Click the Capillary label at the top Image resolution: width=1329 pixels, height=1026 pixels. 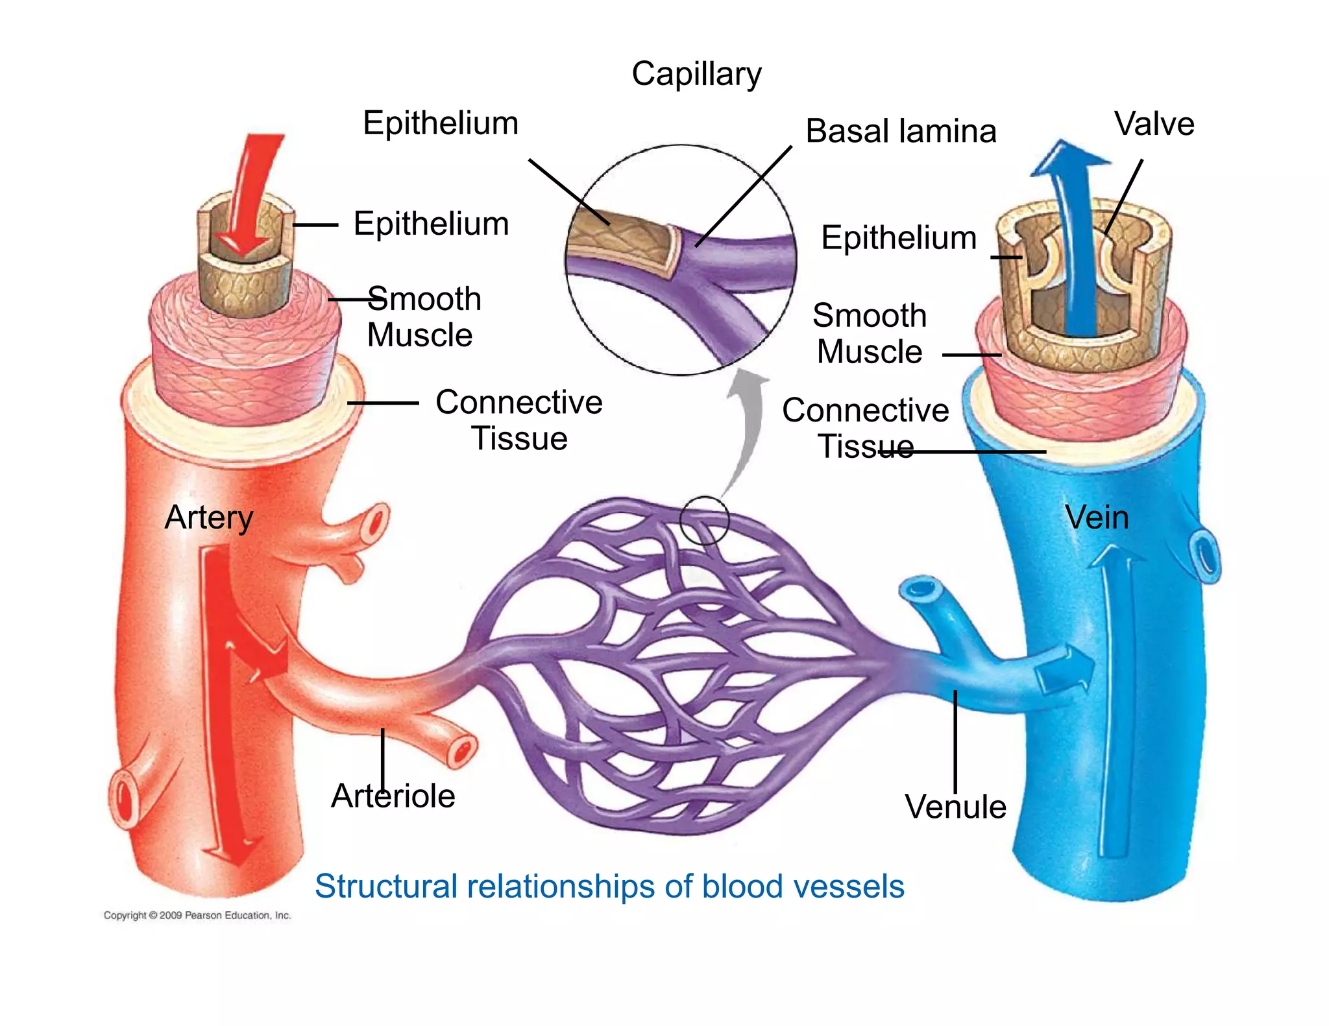click(x=696, y=75)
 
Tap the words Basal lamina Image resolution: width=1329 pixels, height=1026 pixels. click(x=900, y=132)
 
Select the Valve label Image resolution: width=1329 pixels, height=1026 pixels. click(x=1154, y=124)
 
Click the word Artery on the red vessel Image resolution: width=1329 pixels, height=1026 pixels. click(x=208, y=518)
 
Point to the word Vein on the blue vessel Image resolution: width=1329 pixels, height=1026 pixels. click(x=1097, y=518)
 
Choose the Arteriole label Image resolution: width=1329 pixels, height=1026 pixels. click(x=393, y=796)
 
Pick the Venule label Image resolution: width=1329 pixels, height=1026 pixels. click(x=955, y=807)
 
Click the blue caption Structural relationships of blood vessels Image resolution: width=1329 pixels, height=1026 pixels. click(x=609, y=887)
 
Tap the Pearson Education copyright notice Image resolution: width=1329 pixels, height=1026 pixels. click(x=197, y=915)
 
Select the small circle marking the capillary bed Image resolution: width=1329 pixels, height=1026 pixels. click(x=704, y=520)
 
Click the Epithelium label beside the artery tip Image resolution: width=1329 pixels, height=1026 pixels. click(x=431, y=224)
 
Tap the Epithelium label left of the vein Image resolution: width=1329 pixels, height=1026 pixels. click(x=899, y=238)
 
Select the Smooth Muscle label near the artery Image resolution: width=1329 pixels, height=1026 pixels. click(x=423, y=317)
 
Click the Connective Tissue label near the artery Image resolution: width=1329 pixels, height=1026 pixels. click(x=518, y=420)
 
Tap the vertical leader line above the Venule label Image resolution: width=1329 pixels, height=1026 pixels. click(x=955, y=739)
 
